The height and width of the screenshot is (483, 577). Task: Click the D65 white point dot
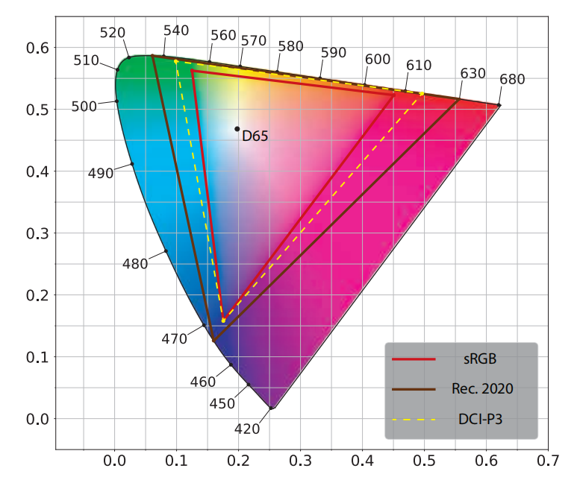[x=237, y=129]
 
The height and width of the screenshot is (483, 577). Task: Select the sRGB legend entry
[x=478, y=359]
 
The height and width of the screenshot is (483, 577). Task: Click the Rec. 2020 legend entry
[x=482, y=389]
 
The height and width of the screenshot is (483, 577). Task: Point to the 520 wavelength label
[x=113, y=33]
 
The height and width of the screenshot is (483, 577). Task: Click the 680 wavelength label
[x=512, y=79]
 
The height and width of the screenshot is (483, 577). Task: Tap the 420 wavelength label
[x=248, y=429]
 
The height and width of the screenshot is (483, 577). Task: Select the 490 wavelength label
[x=101, y=173]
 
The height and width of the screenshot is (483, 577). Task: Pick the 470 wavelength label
[x=175, y=339]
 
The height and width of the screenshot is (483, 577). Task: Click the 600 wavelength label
[x=378, y=59]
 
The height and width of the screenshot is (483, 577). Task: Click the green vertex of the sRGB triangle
[x=192, y=71]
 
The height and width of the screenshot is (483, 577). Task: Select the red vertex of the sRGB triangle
[x=394, y=95]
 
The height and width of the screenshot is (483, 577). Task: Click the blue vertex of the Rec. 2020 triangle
[x=213, y=340]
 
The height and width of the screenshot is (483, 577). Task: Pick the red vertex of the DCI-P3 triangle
[x=422, y=94]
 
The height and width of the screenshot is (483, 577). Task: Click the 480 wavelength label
[x=135, y=264]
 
